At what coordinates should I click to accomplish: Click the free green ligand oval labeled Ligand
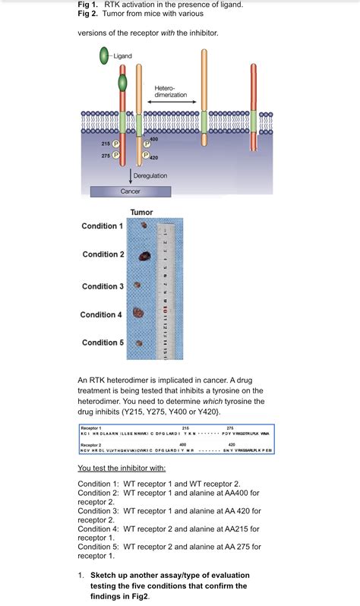[104, 55]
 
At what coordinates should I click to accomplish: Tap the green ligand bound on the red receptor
[122, 84]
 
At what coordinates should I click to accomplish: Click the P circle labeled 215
[116, 143]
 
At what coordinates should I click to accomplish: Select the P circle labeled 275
[116, 156]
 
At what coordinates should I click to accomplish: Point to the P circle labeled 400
[145, 144]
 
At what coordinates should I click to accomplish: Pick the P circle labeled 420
[145, 156]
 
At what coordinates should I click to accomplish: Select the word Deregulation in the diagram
[150, 176]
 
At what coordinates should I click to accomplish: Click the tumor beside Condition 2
[143, 257]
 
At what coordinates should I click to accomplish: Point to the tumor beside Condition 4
[138, 312]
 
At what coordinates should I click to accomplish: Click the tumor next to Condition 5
[138, 342]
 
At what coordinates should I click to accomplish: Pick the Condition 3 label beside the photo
[103, 286]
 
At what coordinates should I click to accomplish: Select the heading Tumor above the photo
[141, 212]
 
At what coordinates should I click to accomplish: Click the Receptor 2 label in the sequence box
[90, 445]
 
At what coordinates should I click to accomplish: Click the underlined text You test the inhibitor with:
[127, 468]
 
